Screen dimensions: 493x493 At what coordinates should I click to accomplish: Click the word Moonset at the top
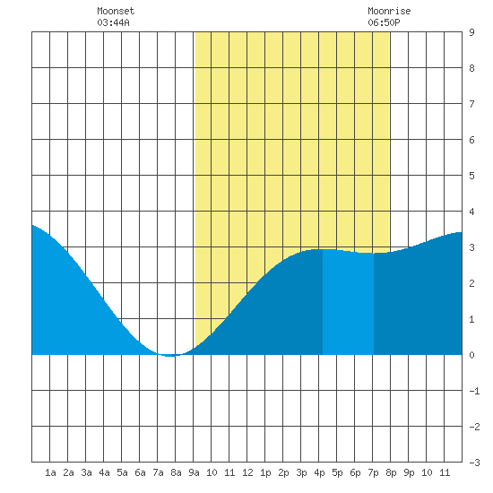(116, 11)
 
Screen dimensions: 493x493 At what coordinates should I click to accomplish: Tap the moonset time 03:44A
(113, 22)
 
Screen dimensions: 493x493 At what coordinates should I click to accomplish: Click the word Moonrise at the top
(389, 11)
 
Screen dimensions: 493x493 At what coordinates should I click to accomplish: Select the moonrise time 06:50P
(384, 22)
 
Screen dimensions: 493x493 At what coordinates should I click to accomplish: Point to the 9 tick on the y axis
(471, 32)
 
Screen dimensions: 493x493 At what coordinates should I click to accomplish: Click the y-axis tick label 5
(471, 176)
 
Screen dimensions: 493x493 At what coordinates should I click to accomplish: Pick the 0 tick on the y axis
(471, 355)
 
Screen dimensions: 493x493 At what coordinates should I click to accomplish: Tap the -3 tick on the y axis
(474, 463)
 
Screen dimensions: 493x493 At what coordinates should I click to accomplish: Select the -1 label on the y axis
(474, 391)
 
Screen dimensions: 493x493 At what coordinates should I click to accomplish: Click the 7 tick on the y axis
(471, 104)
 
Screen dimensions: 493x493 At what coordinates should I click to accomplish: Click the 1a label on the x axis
(50, 472)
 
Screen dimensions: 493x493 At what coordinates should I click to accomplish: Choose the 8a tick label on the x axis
(176, 472)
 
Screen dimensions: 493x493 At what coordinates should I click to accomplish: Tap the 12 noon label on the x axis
(247, 472)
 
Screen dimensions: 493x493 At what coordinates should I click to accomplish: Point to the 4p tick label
(319, 472)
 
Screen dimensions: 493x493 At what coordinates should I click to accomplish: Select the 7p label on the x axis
(373, 472)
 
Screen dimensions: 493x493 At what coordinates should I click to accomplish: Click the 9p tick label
(409, 472)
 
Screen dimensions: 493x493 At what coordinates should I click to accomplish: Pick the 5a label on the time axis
(122, 472)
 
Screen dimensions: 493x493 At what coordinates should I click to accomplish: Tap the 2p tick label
(283, 472)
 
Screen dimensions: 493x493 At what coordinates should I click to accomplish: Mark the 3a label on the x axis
(86, 472)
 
